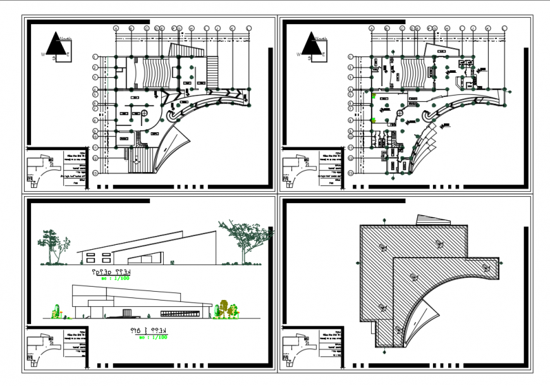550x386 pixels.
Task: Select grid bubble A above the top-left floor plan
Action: pos(116,28)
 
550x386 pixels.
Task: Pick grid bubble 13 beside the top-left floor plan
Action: pos(95,172)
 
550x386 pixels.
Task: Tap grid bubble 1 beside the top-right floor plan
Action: pos(350,57)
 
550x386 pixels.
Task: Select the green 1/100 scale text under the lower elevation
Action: pos(154,338)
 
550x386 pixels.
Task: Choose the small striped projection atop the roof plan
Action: pos(432,220)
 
